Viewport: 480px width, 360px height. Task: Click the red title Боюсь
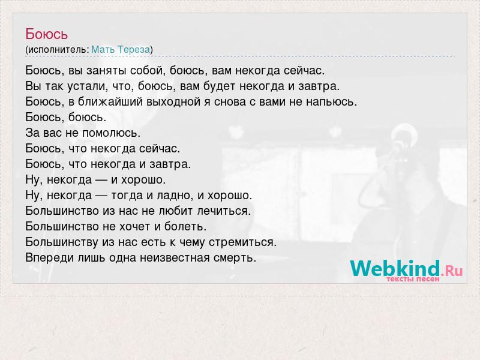coord(47,34)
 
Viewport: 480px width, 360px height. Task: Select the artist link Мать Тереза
coord(121,49)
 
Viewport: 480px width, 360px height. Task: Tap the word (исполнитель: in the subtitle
coord(57,50)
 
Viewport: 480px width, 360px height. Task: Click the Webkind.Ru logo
coord(407,268)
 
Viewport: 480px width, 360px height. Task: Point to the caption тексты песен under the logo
coord(413,279)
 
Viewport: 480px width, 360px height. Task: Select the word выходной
coord(173,101)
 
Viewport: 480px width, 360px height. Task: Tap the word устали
coord(88,86)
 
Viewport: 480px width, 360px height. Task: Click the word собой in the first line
coord(148,71)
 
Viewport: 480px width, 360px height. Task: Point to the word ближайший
coord(110,101)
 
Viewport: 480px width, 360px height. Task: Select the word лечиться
coord(224,211)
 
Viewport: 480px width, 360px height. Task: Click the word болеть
coord(185,227)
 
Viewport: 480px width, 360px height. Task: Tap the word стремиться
coord(243,242)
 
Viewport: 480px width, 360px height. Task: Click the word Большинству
coord(62,242)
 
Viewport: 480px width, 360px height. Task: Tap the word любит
coord(176,211)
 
